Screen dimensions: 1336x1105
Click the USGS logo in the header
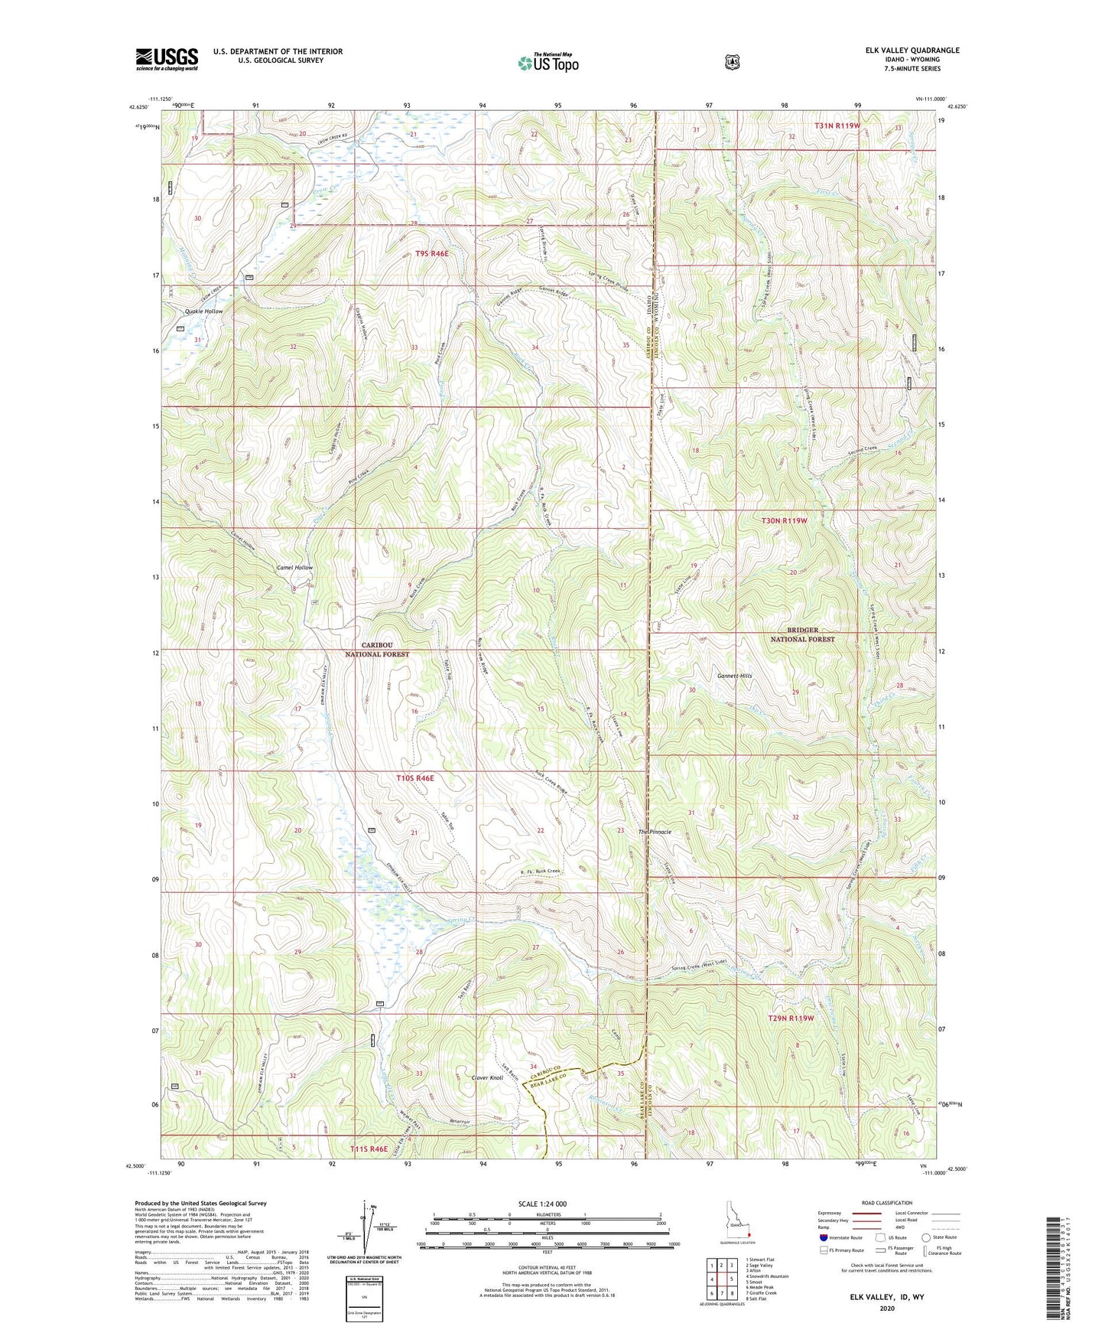[x=167, y=59]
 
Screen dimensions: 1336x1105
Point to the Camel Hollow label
[x=294, y=568]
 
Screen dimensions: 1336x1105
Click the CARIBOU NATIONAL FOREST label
[x=376, y=650]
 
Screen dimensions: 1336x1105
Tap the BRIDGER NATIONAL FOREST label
[x=802, y=634]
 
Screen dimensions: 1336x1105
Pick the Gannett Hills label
[x=734, y=676]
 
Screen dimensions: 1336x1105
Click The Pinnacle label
[x=655, y=832]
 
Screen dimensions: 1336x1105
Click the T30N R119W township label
[x=784, y=520]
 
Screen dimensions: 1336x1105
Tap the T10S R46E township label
[x=415, y=777]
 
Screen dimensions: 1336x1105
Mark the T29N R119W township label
[x=791, y=1018]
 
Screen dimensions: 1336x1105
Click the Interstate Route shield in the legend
[x=823, y=1237]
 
